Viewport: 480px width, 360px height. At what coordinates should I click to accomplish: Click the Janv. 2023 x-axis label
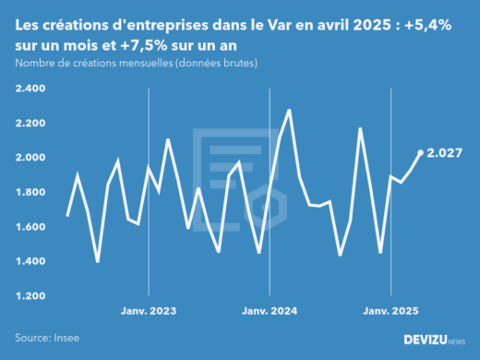[x=149, y=311]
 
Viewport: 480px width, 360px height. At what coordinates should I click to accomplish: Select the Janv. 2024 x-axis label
[x=269, y=311]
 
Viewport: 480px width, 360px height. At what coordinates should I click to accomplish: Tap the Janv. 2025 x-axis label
[x=391, y=311]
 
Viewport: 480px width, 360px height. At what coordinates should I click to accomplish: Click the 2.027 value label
[x=445, y=153]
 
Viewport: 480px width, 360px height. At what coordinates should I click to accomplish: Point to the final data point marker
[x=421, y=153]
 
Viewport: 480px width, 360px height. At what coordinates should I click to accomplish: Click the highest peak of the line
[x=290, y=110]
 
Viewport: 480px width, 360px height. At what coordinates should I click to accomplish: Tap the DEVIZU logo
[x=434, y=340]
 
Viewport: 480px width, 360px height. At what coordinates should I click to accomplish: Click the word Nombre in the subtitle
[x=34, y=63]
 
